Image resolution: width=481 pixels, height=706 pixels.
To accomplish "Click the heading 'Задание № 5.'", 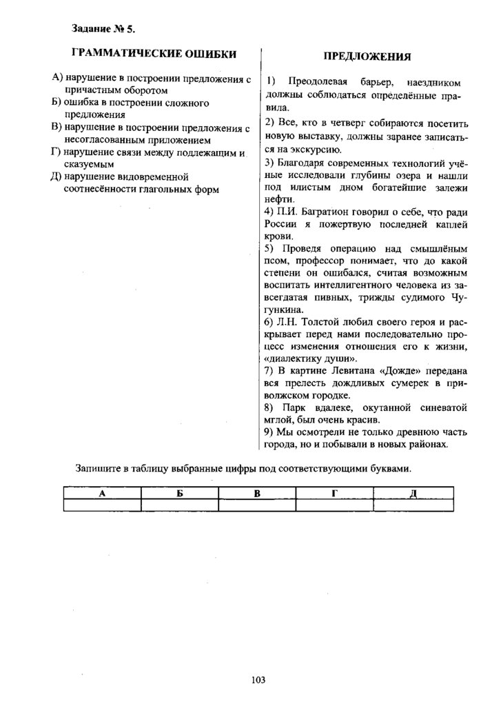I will (103, 28).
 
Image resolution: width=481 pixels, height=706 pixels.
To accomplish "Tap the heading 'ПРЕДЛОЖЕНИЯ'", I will (367, 57).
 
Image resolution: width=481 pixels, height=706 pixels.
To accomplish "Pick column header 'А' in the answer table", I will (102, 493).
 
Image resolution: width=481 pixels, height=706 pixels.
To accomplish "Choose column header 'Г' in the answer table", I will (335, 493).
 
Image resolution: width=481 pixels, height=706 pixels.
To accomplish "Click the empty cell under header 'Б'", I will (180, 505).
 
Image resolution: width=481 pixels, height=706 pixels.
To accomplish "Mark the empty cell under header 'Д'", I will (413, 505).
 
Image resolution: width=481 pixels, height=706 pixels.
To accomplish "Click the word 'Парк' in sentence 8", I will (300, 408).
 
